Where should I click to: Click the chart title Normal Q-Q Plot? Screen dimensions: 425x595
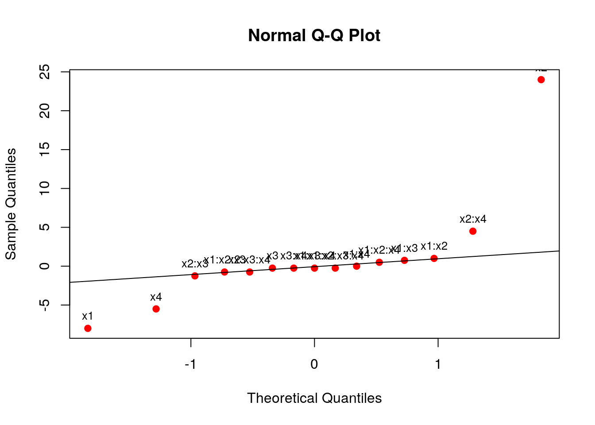[314, 35]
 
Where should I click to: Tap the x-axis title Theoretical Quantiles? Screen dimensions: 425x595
[314, 398]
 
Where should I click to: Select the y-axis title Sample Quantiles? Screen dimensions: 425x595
[11, 204]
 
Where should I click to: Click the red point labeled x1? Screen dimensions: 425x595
[88, 328]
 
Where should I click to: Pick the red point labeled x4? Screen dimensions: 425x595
[156, 309]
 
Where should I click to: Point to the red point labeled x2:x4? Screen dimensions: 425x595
[473, 231]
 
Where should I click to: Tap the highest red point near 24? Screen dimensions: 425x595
[541, 80]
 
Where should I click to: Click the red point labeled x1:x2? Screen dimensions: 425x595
[434, 258]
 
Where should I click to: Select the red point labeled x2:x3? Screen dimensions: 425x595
[195, 276]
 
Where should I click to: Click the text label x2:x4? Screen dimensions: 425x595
[473, 219]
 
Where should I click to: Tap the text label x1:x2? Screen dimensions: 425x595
[434, 246]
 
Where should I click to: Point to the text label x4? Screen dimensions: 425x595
[156, 297]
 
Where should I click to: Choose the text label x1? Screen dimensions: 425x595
[88, 316]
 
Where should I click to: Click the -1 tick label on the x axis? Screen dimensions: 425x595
[190, 364]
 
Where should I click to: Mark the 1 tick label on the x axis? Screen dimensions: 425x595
[438, 364]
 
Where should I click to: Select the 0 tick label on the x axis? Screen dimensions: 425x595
[314, 364]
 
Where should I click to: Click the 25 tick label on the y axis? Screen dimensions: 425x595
[44, 72]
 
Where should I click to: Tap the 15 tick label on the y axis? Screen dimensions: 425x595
[44, 150]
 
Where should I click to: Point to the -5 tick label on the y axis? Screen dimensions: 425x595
[44, 305]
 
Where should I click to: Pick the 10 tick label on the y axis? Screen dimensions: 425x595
[44, 189]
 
